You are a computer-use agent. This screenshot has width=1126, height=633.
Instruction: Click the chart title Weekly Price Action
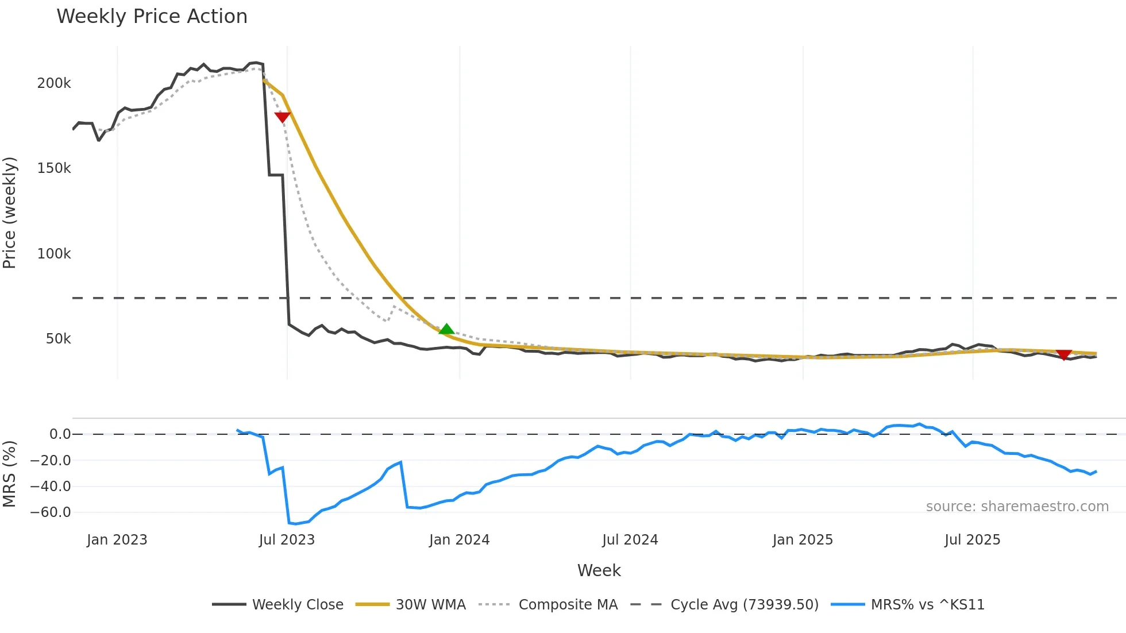152,16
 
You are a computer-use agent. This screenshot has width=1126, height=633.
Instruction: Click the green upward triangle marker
446,329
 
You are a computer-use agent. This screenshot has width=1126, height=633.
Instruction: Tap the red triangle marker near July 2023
282,117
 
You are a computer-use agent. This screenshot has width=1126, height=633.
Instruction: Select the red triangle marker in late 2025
1064,355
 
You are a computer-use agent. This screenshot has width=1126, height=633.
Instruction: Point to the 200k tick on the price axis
54,83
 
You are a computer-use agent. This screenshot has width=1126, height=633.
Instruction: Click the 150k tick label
54,168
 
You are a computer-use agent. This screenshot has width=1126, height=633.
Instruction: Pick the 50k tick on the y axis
58,339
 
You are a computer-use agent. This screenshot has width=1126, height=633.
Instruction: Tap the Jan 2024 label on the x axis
459,540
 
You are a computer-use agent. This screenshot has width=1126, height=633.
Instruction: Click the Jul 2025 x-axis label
972,540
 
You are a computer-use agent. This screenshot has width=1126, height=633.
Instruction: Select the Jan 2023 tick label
117,540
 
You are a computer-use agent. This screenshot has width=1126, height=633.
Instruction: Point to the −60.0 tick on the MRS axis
51,512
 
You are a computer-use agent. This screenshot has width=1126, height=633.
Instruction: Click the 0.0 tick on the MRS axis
60,434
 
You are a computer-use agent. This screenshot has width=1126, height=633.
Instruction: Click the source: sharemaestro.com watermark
1017,506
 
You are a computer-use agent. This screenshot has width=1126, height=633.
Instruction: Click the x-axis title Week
599,570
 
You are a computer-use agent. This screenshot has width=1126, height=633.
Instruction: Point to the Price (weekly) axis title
9,213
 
